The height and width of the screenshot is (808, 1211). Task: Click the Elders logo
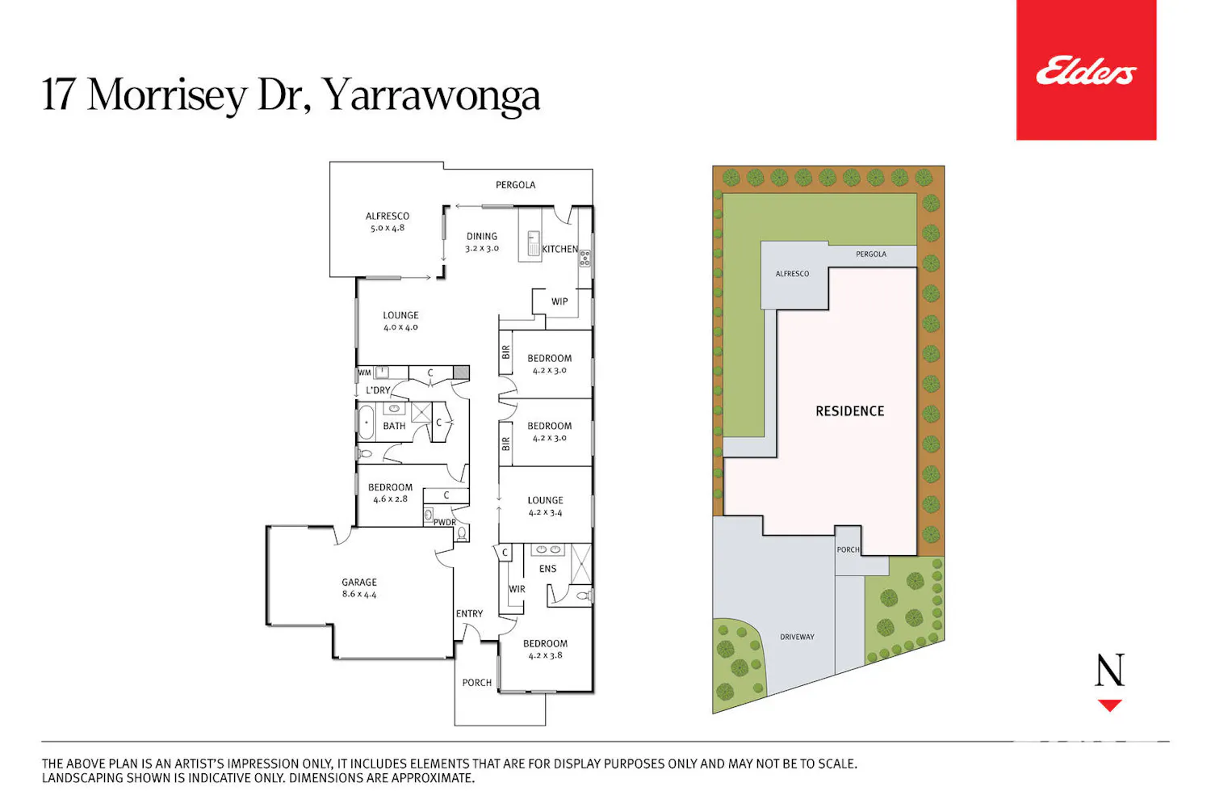[x=1086, y=70]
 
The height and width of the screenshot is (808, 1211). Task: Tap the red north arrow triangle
[x=1110, y=705]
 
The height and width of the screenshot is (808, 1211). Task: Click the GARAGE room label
[x=359, y=583]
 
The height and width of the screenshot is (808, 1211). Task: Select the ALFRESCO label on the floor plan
[x=387, y=216]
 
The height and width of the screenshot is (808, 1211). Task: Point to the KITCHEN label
[x=559, y=249]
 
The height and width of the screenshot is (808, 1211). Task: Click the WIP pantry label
[x=559, y=301]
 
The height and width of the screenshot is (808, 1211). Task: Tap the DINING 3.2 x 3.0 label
[x=482, y=242]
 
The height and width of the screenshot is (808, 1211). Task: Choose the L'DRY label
[x=378, y=390]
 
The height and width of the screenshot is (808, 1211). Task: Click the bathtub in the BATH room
[x=366, y=422]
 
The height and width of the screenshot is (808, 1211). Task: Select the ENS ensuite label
[x=547, y=569]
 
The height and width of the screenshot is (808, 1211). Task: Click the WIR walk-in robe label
[x=517, y=589]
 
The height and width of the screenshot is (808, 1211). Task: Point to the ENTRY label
[x=469, y=614]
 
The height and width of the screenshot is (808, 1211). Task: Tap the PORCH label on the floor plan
[x=477, y=683]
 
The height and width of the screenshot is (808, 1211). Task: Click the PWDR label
[x=444, y=522]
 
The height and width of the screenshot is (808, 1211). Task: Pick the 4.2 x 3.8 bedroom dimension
[x=545, y=655]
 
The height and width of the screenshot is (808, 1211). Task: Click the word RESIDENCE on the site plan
[x=850, y=411]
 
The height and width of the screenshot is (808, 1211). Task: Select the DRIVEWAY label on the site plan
[x=797, y=637]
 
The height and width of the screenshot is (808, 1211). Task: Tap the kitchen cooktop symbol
[x=585, y=259]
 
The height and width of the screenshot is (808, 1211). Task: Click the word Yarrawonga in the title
[x=431, y=95]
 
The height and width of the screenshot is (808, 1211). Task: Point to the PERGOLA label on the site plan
[x=871, y=254]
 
